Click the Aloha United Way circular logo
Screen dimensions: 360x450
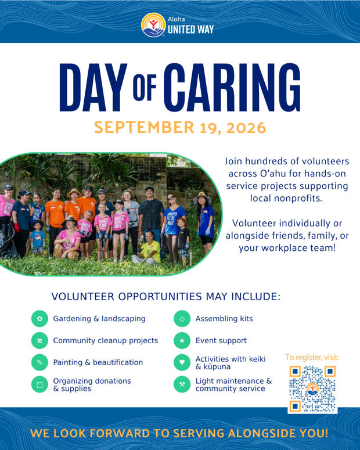(153, 25)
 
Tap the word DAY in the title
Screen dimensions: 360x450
(93, 87)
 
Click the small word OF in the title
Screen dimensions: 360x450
(145, 88)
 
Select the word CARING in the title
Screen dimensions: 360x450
(232, 87)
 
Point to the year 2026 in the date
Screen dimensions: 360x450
(246, 128)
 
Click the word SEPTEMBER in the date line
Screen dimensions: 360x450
(144, 127)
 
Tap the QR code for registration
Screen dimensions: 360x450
(312, 389)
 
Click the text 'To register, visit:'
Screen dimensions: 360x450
(312, 357)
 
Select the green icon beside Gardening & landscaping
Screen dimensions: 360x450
(39, 319)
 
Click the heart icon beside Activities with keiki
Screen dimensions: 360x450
(182, 362)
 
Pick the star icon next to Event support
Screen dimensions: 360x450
(182, 341)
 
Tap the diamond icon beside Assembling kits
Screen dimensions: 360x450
(182, 319)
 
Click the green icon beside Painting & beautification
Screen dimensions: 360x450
(39, 362)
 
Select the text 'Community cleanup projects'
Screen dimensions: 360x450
(105, 341)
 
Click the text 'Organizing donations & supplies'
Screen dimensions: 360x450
(92, 384)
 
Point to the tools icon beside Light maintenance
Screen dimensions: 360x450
(182, 384)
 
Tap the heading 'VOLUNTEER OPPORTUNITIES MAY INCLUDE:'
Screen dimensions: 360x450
(166, 297)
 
